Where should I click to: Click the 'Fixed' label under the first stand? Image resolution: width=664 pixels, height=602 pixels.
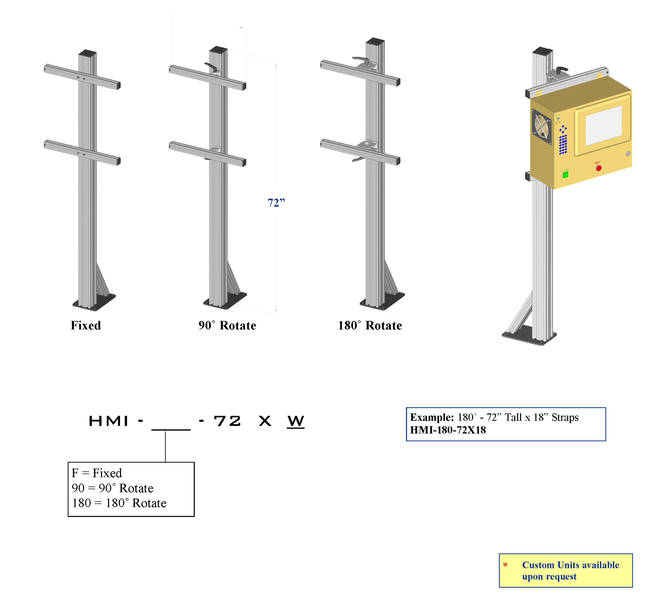86,325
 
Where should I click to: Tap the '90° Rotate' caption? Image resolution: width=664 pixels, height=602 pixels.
227,325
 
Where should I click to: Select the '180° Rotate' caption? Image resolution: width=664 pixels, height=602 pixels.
370,325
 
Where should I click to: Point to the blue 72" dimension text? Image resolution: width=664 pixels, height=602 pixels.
276,203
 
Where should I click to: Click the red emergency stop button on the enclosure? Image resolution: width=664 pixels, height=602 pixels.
598,168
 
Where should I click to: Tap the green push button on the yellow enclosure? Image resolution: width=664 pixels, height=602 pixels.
566,174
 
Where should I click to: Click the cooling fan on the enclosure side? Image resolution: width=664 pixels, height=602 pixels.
542,127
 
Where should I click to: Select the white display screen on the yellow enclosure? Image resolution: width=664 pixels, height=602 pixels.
603,125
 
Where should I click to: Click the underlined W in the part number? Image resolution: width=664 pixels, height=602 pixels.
296,421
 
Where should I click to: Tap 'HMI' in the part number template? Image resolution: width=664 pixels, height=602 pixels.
109,421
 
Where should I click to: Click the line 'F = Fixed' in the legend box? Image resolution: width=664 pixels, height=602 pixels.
97,473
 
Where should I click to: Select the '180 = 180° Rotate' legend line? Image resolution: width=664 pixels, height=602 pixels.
119,503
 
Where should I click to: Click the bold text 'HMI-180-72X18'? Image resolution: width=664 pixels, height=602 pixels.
448,430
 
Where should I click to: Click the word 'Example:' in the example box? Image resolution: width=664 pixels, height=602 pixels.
432,417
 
